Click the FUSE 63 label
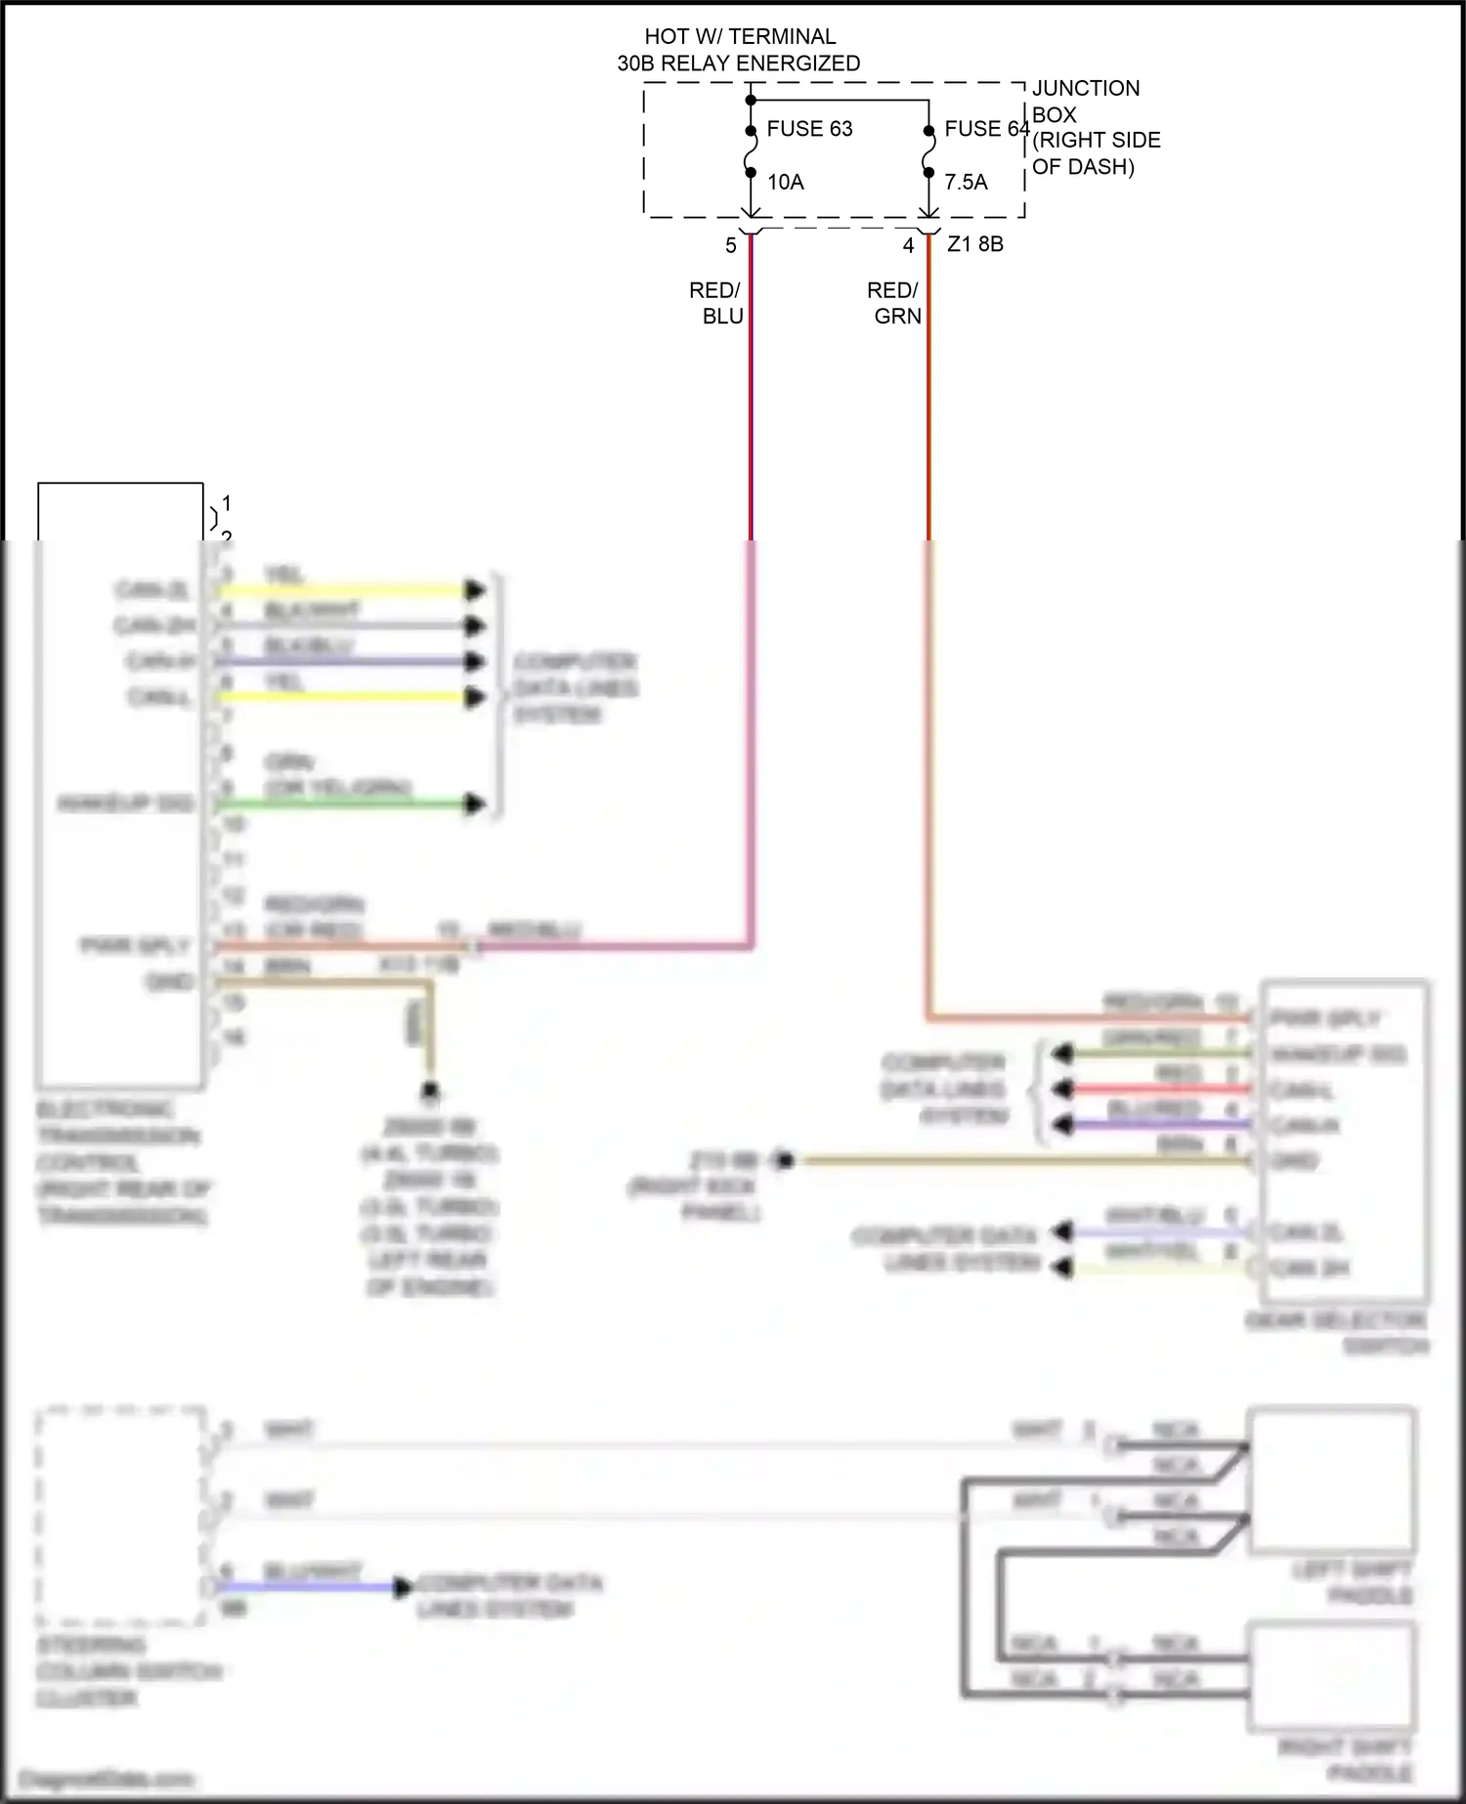[809, 129]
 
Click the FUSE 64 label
[986, 129]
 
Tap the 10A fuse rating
[785, 182]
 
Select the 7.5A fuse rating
[966, 182]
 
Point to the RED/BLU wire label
[716, 303]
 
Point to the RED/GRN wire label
[894, 303]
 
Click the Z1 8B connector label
[975, 244]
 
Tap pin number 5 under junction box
[730, 246]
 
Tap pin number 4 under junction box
[908, 246]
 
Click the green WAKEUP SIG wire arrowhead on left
[475, 804]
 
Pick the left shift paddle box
[1331, 1480]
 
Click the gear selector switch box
[1345, 1141]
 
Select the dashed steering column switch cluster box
[119, 1516]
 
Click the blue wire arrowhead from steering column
[402, 1588]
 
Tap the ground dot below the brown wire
[429, 1090]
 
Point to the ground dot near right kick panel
[784, 1161]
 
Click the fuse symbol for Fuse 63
[751, 151]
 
